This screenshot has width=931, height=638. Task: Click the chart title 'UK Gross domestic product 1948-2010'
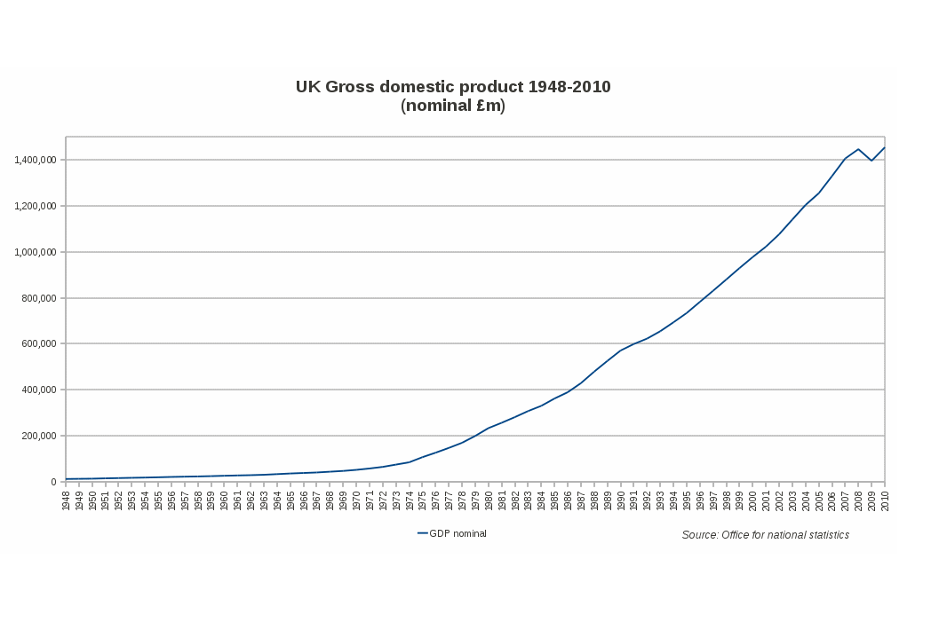453,87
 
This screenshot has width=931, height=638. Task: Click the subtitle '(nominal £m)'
453,106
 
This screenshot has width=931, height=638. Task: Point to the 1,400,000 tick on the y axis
36,160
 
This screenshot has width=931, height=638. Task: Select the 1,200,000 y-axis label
36,206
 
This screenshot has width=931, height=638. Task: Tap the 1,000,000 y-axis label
36,252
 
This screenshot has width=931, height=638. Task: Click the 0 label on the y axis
53,482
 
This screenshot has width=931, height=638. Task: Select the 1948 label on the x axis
67,500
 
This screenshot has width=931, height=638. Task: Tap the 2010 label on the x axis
885,500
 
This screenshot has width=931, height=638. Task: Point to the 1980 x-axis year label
489,500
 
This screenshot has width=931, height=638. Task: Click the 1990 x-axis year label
621,500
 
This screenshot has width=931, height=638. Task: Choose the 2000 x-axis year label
752,500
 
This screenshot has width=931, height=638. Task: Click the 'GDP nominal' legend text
458,533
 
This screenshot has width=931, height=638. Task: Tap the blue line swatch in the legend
423,533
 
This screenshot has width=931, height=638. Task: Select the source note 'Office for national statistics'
765,535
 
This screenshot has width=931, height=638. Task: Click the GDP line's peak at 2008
858,149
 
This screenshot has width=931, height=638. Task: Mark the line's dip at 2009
871,161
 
